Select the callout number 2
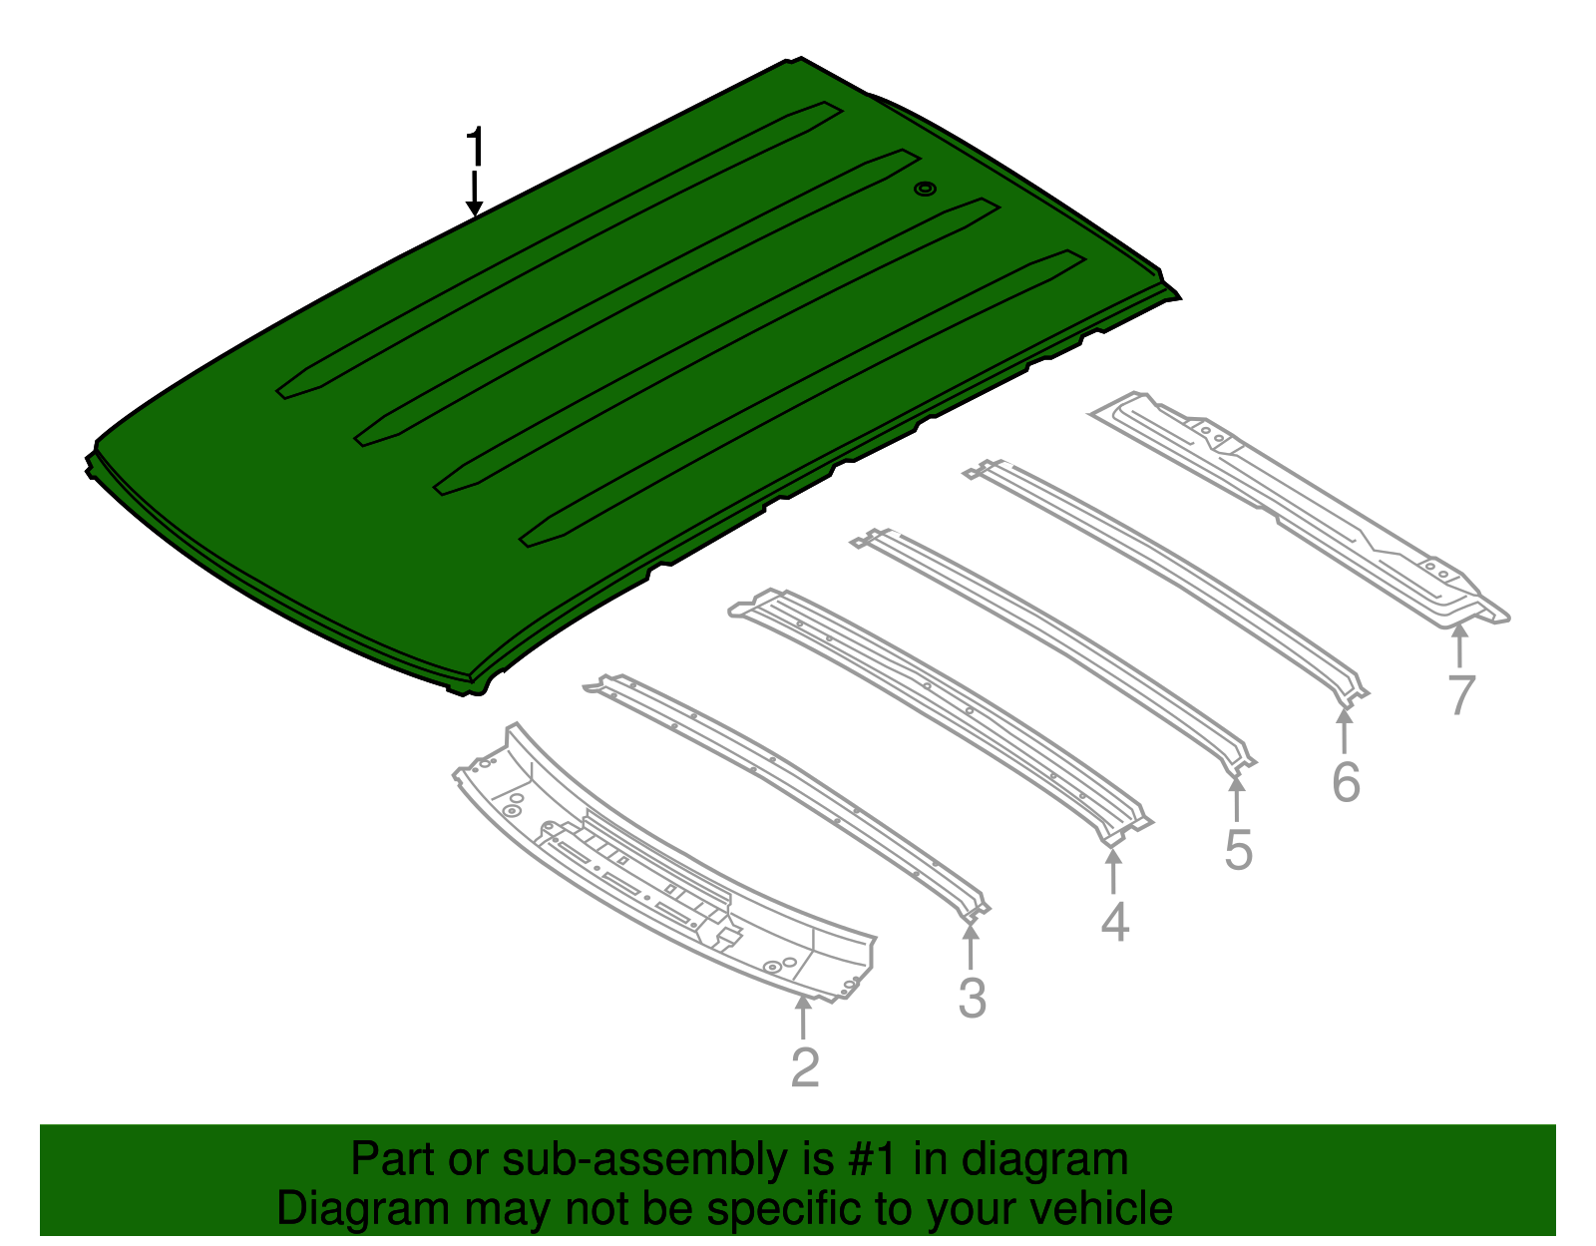(x=805, y=1067)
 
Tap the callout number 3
(x=972, y=998)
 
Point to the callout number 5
(x=1238, y=850)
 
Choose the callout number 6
(x=1346, y=781)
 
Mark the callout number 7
(x=1461, y=694)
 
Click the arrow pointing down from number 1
(x=475, y=194)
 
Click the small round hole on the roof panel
(x=926, y=189)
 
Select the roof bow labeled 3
(x=788, y=788)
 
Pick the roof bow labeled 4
(x=938, y=703)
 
